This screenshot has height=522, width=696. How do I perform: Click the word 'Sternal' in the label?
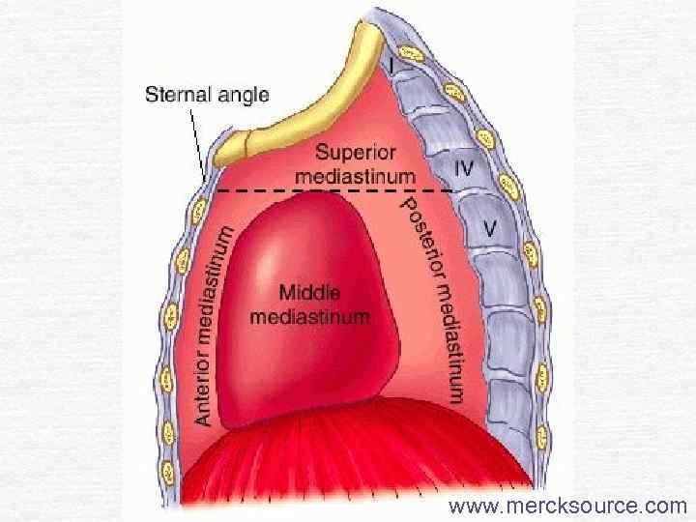point(175,95)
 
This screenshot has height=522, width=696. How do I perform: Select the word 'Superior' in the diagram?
point(353,153)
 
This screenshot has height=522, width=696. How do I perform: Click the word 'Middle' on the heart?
point(309,292)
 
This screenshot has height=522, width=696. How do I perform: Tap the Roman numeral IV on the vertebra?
point(465,167)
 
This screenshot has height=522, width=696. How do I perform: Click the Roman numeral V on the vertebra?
point(490,231)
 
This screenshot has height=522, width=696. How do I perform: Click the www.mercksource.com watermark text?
point(566,505)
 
